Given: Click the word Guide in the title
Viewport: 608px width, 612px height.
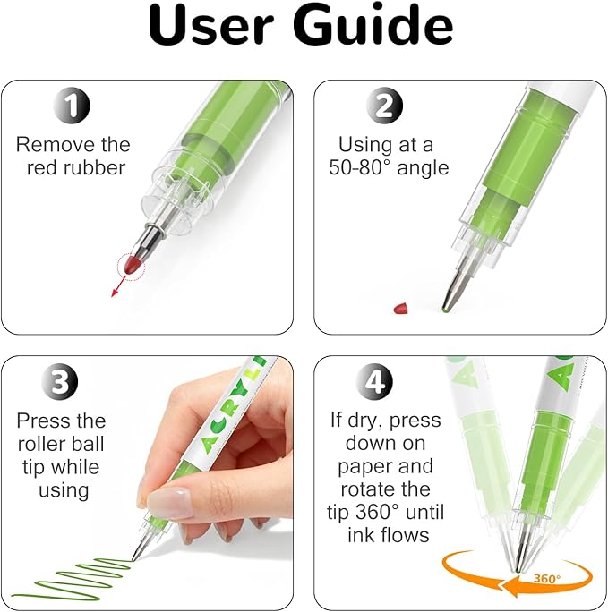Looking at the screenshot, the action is (x=374, y=25).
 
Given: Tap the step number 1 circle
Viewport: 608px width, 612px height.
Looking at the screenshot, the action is (x=72, y=106).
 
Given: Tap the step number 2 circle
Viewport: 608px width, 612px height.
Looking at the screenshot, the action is (x=384, y=106).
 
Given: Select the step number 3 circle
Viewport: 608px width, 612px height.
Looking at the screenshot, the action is (x=60, y=381).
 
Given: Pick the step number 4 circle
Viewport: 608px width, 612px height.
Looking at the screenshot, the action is (x=374, y=381).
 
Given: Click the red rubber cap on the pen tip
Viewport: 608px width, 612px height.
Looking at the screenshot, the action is (x=132, y=266).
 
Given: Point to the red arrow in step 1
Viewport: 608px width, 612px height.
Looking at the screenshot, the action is (x=119, y=285).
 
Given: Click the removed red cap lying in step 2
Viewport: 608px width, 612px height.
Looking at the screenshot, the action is (x=402, y=307).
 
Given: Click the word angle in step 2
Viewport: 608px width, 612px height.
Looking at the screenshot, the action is (x=423, y=169).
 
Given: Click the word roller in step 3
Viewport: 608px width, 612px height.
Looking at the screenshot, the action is (x=38, y=444).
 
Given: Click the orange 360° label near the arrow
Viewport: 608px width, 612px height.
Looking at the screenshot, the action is (x=547, y=578).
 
